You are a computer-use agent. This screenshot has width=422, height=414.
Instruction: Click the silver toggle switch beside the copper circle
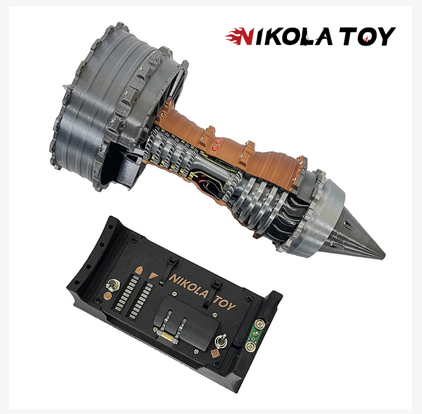(x=112, y=285)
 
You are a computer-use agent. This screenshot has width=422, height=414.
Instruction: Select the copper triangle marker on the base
(x=154, y=276)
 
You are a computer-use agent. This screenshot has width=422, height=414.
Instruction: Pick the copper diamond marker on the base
(x=216, y=353)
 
